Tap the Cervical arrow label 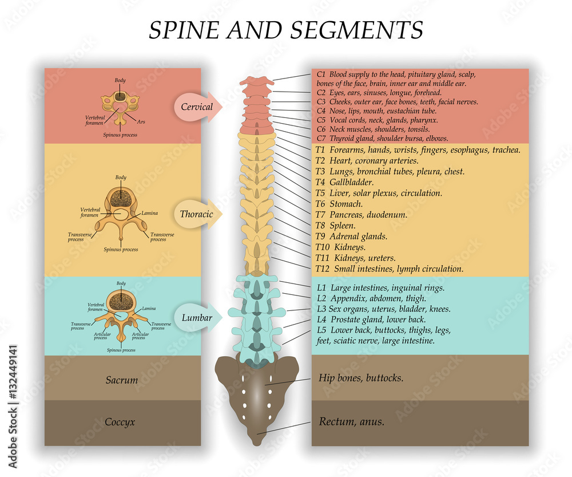coord(196,107)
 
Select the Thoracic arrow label coord(196,214)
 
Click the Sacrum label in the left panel coord(122,380)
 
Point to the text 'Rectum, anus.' coord(351,423)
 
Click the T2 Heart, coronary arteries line coord(367,161)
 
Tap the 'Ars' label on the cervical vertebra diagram coord(142,121)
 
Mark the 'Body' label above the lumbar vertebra coord(121,283)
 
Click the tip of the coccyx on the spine coord(256,441)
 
